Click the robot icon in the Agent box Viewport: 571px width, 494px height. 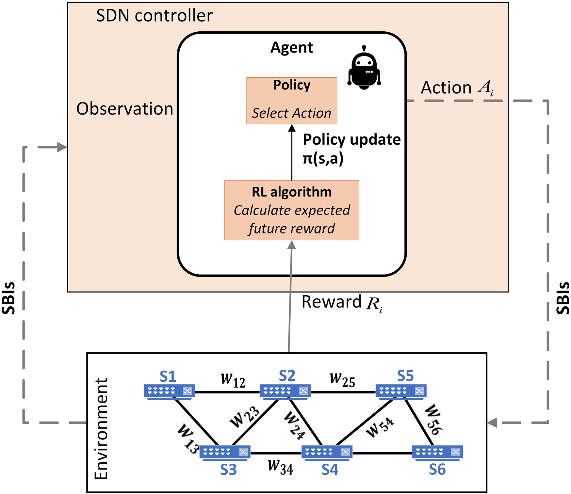[364, 67]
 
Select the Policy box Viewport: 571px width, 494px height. [292, 101]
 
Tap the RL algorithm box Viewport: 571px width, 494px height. [292, 210]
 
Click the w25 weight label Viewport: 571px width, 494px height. [342, 380]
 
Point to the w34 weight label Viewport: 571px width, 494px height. [280, 467]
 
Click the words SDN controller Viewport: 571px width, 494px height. [154, 16]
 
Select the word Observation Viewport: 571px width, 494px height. [125, 109]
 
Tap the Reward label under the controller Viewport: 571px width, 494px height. [342, 303]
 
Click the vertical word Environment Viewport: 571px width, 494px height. [101, 429]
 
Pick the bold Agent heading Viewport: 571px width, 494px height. [292, 48]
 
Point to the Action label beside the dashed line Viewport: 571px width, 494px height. [457, 88]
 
